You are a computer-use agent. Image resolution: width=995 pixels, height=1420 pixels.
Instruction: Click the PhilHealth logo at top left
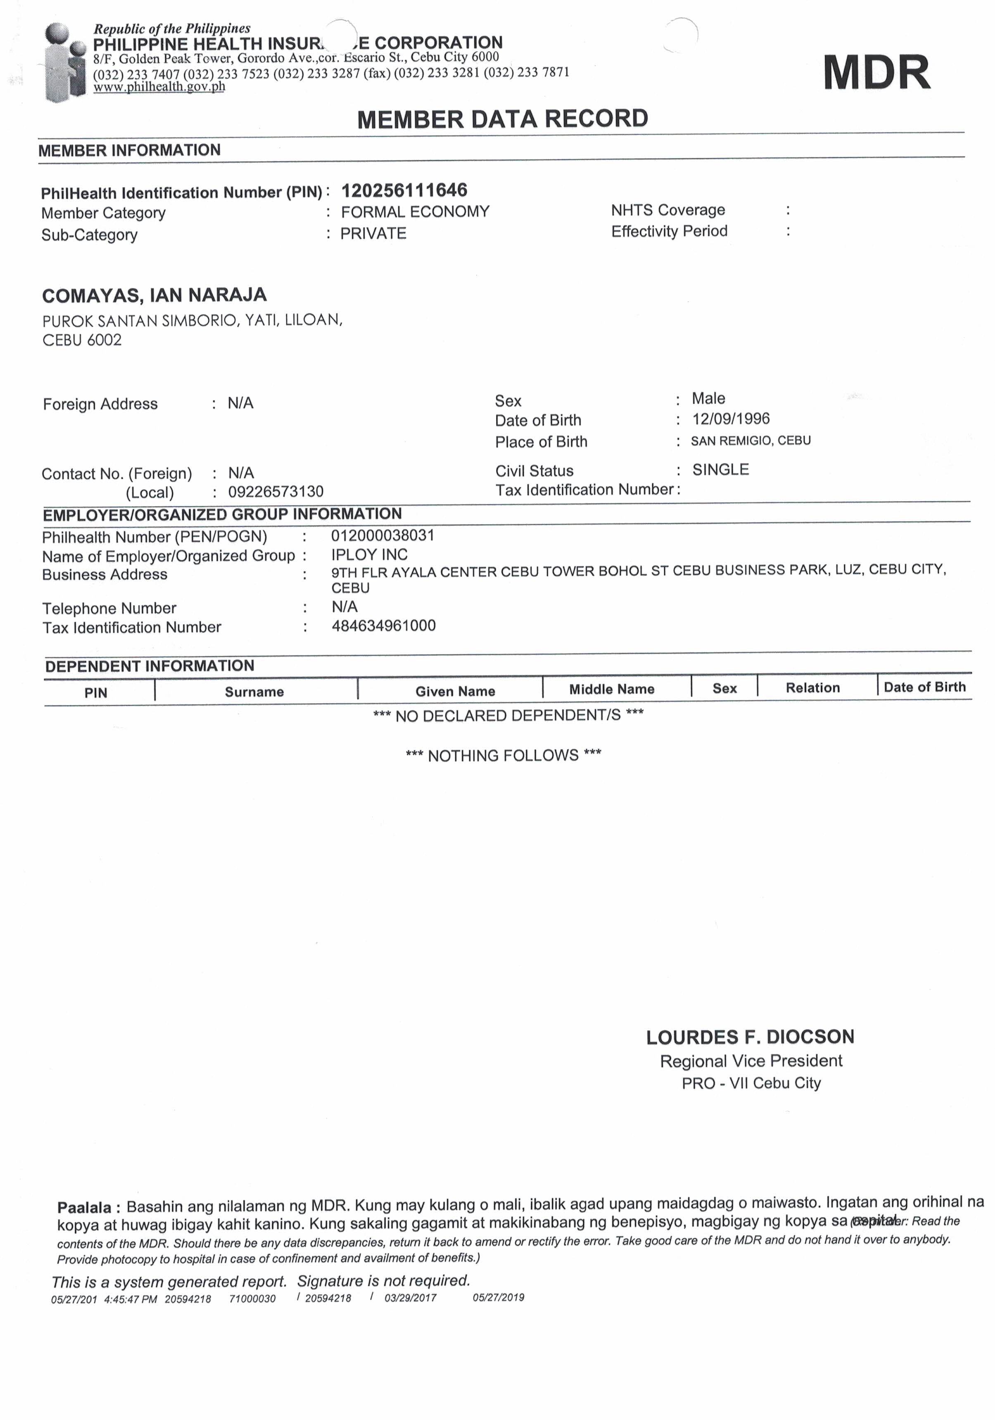pyautogui.click(x=65, y=62)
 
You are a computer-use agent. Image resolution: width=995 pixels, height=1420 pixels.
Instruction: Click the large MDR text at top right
pyautogui.click(x=876, y=72)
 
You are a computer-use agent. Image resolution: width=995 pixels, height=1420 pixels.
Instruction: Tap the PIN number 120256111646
pyautogui.click(x=404, y=190)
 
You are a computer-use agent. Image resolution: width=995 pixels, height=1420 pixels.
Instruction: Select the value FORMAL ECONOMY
pyautogui.click(x=415, y=212)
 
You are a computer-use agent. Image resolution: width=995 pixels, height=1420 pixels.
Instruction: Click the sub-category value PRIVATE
pyautogui.click(x=373, y=233)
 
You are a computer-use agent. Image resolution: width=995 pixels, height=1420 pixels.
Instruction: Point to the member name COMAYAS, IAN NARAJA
pyautogui.click(x=154, y=295)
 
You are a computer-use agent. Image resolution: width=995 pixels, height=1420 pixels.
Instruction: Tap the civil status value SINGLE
pyautogui.click(x=720, y=469)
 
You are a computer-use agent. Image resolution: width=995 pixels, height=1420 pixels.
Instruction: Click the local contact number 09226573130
pyautogui.click(x=276, y=492)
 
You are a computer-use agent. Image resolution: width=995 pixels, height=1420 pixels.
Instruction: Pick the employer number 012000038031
pyautogui.click(x=383, y=535)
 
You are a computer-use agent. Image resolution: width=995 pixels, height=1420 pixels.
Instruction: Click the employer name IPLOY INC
pyautogui.click(x=369, y=554)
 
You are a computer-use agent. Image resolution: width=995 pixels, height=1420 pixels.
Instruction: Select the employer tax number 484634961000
pyautogui.click(x=383, y=625)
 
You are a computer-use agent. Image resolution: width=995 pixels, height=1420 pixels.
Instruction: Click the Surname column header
pyautogui.click(x=254, y=692)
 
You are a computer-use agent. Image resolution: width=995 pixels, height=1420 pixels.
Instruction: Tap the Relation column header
pyautogui.click(x=812, y=688)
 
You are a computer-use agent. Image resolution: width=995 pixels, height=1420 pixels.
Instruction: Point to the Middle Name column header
pyautogui.click(x=612, y=689)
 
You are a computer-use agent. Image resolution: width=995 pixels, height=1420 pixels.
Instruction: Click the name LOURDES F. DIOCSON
pyautogui.click(x=750, y=1037)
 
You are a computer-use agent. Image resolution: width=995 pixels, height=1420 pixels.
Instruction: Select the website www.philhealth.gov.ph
pyautogui.click(x=159, y=87)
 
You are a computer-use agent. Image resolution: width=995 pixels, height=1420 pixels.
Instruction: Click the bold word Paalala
pyautogui.click(x=84, y=1207)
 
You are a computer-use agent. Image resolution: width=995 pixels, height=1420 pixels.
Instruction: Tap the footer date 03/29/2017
pyautogui.click(x=410, y=1298)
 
